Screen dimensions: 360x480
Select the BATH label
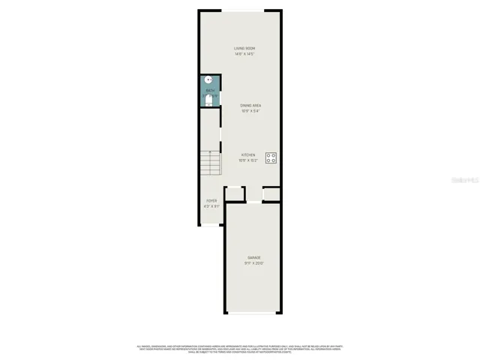(210, 91)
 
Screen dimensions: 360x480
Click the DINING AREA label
(250, 105)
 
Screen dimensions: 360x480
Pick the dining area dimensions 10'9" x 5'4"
(250, 111)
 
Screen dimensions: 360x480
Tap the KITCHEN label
(247, 154)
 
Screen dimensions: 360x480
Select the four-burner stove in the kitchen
(271, 158)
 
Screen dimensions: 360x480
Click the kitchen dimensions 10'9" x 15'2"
(247, 160)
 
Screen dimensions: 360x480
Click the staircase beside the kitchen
(210, 163)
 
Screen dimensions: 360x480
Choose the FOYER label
(212, 200)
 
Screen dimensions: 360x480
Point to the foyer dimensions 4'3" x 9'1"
(212, 206)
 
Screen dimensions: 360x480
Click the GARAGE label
(253, 257)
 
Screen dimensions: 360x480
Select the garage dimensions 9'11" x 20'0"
(253, 263)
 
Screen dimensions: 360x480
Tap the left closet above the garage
(235, 194)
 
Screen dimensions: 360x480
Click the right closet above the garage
(271, 194)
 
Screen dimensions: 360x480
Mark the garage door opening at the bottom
(253, 313)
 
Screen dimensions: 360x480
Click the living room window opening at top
(241, 10)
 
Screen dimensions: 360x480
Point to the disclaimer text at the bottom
(240, 349)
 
